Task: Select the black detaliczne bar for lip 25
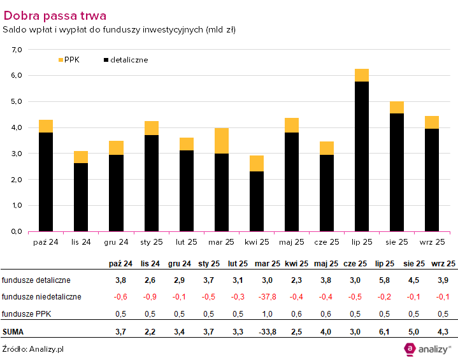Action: [362, 156]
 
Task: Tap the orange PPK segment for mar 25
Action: [222, 140]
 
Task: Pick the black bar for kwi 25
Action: [257, 201]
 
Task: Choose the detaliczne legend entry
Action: [125, 60]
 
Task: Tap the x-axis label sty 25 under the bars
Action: [152, 242]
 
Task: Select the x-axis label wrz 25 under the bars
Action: [432, 242]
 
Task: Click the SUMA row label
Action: [15, 331]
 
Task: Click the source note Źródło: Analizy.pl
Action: [32, 349]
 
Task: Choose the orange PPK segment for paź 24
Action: [46, 126]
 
